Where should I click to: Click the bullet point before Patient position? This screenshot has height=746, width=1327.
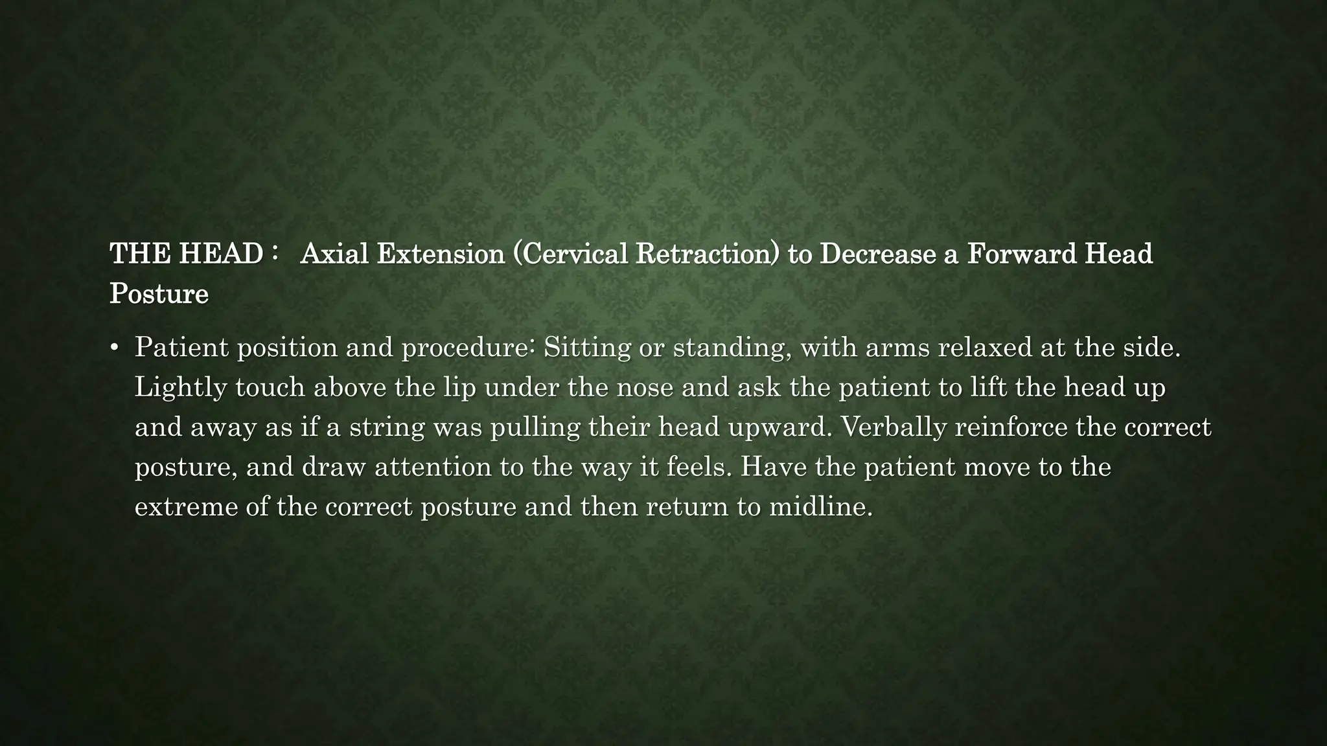[115, 348]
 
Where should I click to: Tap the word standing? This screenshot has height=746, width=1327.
[732, 348]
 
